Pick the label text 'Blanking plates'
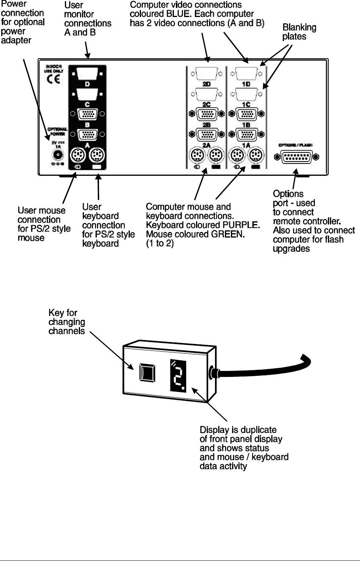coord(299,32)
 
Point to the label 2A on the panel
coord(206,145)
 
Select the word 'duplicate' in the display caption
coord(258,430)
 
